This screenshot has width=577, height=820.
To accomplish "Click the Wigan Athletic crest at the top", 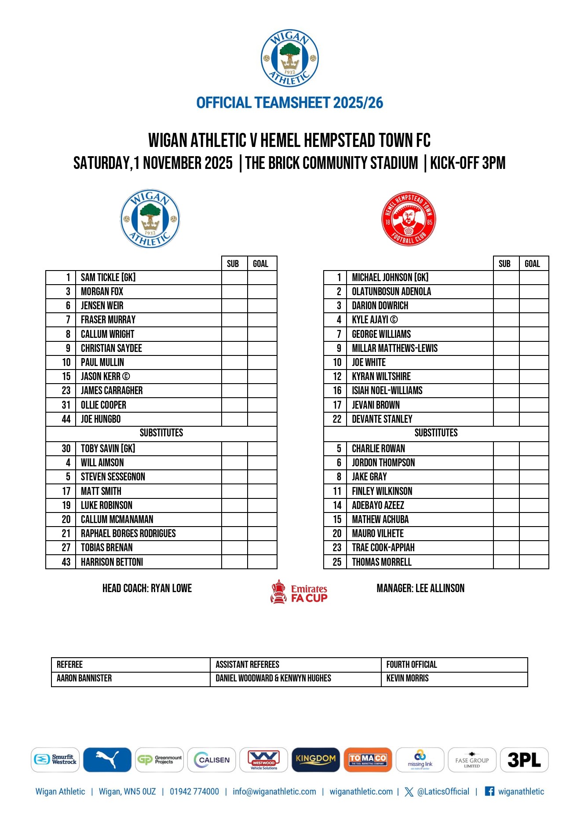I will (x=289, y=58).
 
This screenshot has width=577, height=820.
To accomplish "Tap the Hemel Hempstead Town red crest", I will (x=409, y=219).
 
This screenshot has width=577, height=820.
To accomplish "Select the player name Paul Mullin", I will (x=102, y=362).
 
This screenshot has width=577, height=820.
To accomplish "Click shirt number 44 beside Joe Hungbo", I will (x=66, y=419).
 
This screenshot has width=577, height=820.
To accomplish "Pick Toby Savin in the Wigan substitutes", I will (x=108, y=449).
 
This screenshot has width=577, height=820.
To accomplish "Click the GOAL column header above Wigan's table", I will (x=260, y=264).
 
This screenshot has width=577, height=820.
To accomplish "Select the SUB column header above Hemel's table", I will (x=504, y=264).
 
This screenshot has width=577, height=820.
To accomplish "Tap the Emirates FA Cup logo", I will (x=299, y=592).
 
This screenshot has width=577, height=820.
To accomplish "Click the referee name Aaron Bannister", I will (x=84, y=678).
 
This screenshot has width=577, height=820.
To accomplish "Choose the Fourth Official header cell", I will (x=412, y=665).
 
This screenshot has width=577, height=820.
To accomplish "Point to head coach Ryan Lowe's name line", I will (x=147, y=589).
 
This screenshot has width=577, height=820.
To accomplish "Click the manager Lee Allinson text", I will (x=420, y=589).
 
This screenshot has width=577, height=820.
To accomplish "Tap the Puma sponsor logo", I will (x=107, y=760).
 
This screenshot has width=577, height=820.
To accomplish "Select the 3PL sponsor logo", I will (x=524, y=760).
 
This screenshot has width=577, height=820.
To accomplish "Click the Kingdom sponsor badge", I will (x=316, y=760).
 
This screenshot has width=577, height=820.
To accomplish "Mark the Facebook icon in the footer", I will (x=489, y=791).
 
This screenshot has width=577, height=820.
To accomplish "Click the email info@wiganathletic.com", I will (x=274, y=792).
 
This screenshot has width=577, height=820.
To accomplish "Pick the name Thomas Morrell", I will (x=382, y=562).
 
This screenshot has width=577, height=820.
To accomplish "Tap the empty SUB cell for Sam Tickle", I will (x=234, y=278).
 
